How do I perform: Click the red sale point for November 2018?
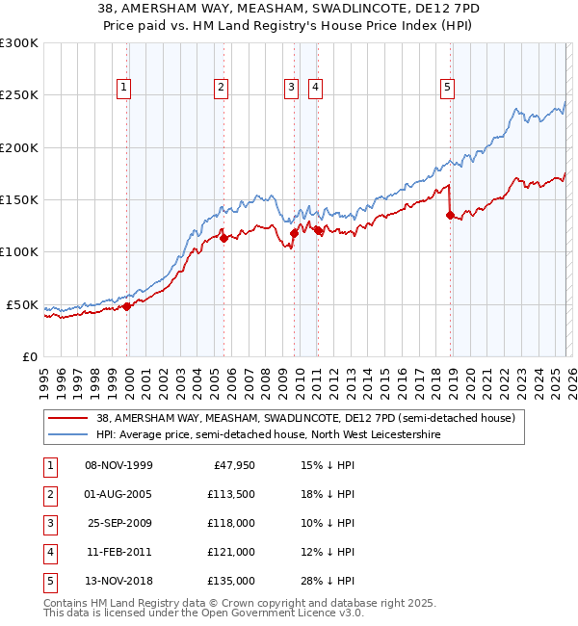pyautogui.click(x=450, y=216)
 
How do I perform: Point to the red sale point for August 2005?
pyautogui.click(x=223, y=238)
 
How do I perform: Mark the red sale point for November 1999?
pyautogui.click(x=126, y=306)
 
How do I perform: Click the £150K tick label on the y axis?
pyautogui.click(x=19, y=200)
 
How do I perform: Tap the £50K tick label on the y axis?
pyautogui.click(x=22, y=304)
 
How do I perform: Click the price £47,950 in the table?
pyautogui.click(x=231, y=465)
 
